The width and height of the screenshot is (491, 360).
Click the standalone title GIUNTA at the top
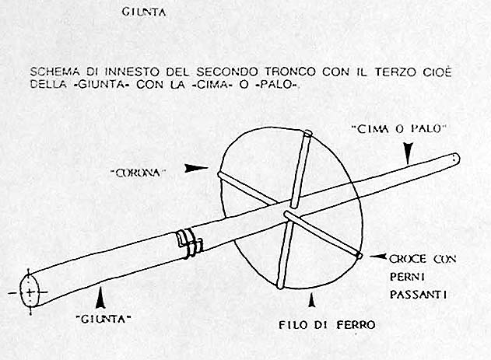tap(144, 12)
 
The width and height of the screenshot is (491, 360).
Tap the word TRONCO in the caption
tap(290, 72)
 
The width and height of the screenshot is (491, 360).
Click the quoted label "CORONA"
tap(139, 173)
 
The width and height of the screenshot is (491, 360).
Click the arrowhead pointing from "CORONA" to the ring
tap(196, 168)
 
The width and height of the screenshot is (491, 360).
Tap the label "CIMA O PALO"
tap(399, 129)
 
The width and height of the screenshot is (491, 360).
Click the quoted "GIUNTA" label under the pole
tap(103, 320)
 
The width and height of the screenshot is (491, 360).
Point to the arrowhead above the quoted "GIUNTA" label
tap(100, 299)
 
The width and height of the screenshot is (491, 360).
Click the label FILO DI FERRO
tap(328, 325)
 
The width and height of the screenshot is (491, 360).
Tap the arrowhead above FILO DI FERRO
tap(311, 300)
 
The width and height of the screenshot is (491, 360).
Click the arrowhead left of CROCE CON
tap(378, 257)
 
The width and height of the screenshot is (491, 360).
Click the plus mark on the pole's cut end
tap(30, 293)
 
